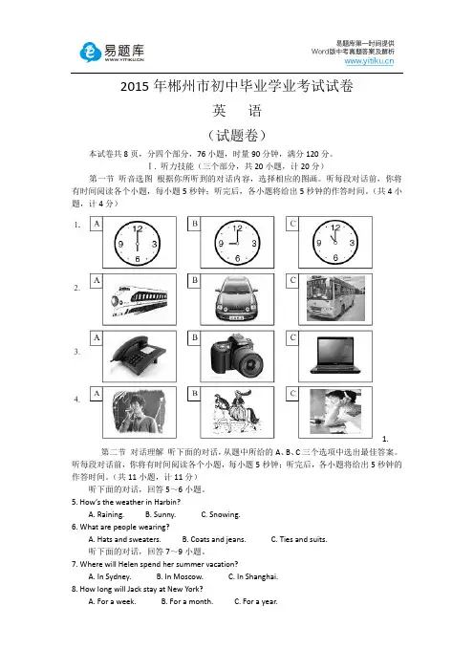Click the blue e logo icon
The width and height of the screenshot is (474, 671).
coord(90,53)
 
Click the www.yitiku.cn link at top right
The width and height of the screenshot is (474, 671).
coord(369,61)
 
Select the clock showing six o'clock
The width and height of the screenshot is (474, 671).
coord(137,243)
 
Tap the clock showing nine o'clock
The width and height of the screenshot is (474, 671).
coord(237,243)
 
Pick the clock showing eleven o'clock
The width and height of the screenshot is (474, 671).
coord(335,242)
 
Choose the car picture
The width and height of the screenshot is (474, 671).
coord(237,298)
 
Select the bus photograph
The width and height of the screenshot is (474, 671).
coord(335,298)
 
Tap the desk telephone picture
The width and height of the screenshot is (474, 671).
coord(139,356)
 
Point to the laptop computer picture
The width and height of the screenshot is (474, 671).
coord(335,356)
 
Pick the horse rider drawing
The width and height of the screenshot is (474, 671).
coord(237,412)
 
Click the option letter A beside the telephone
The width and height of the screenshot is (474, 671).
coord(97,337)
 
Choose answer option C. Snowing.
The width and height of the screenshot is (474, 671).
coord(221,514)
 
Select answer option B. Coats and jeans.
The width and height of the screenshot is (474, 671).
coord(214,539)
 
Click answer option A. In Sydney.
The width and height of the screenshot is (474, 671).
coord(110,576)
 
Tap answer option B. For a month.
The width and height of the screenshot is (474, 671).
coord(187,601)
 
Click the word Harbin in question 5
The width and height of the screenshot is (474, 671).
coord(165,502)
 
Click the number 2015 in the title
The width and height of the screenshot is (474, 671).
coord(135,86)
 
